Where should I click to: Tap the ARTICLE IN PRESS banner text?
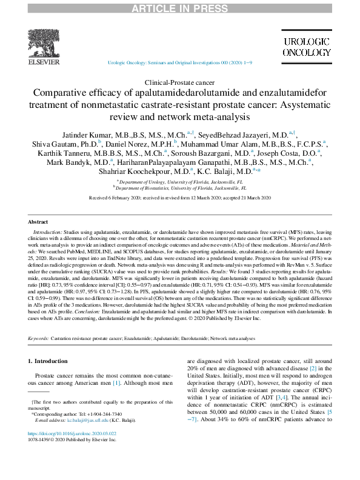[179, 7]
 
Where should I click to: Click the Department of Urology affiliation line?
[179, 182]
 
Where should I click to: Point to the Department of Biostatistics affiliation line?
[179, 188]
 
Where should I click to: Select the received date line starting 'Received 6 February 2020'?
[179, 198]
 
